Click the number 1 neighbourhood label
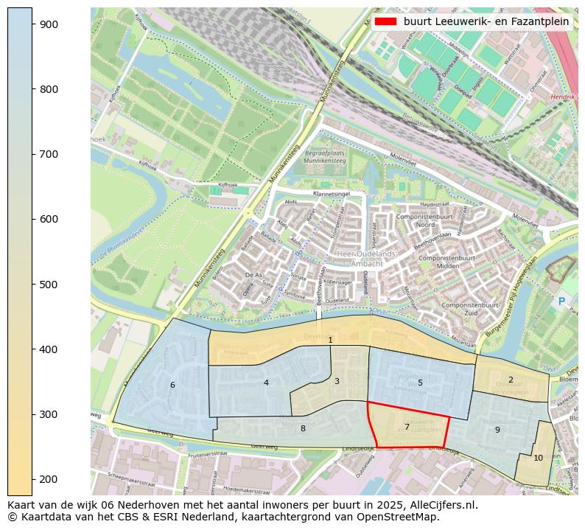pyautogui.click(x=331, y=340)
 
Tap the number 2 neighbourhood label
pyautogui.click(x=511, y=380)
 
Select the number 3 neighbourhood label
pyautogui.click(x=337, y=381)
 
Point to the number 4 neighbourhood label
pyautogui.click(x=266, y=383)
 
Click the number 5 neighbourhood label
pyautogui.click(x=420, y=383)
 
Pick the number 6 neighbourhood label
pyautogui.click(x=172, y=385)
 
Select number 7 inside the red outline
pyautogui.click(x=407, y=427)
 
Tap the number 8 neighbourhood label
pyautogui.click(x=303, y=428)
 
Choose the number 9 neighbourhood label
pyautogui.click(x=497, y=430)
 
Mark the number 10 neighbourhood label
pyautogui.click(x=538, y=458)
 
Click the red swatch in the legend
pyautogui.click(x=385, y=21)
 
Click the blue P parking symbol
pyautogui.click(x=561, y=301)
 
